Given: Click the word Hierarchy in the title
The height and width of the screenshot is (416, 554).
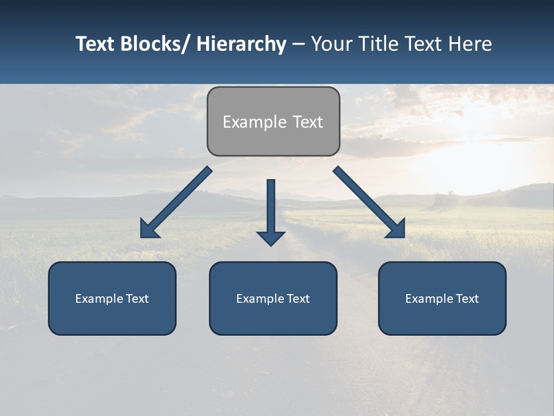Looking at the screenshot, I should (241, 44).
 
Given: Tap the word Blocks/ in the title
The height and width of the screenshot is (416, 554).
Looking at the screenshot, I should (154, 44).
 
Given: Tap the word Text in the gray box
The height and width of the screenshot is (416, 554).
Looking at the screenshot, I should (307, 122).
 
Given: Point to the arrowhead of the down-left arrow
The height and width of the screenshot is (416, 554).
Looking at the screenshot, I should (148, 229).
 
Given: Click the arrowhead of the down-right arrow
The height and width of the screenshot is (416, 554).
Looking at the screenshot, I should (397, 229).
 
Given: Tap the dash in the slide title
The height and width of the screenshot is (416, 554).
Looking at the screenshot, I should (298, 44).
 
